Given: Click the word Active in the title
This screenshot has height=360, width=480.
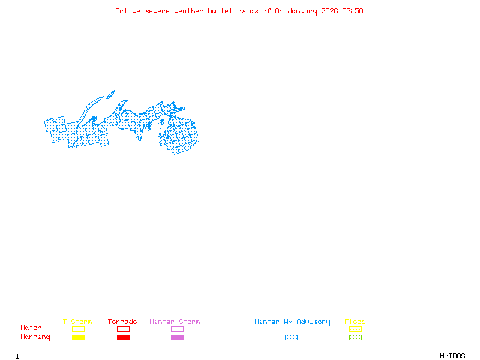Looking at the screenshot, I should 128,11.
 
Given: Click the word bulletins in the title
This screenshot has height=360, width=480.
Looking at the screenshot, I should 226,11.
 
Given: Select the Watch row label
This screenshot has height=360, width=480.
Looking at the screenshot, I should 31,328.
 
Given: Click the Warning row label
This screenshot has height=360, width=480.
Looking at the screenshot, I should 35,337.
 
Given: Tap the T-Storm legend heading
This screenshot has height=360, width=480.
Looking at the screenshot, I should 77,322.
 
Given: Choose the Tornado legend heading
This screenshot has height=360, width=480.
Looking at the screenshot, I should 122,322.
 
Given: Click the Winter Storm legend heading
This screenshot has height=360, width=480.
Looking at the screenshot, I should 175,322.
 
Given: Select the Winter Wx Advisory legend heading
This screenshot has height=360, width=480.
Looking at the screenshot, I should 292,322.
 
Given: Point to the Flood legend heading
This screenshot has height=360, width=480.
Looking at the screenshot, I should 355,322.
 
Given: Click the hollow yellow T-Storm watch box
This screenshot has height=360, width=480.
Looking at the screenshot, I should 78,329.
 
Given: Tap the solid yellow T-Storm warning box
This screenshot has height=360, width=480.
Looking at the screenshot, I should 78,338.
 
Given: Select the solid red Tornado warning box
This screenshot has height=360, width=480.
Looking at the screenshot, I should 123,338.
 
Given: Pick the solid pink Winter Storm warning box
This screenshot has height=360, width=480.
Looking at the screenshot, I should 177,338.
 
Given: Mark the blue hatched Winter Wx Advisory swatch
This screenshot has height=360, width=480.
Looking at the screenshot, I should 291,338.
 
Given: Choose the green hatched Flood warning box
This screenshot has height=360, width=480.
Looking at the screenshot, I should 355,338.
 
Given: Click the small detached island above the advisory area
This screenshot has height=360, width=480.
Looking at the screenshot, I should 110,94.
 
